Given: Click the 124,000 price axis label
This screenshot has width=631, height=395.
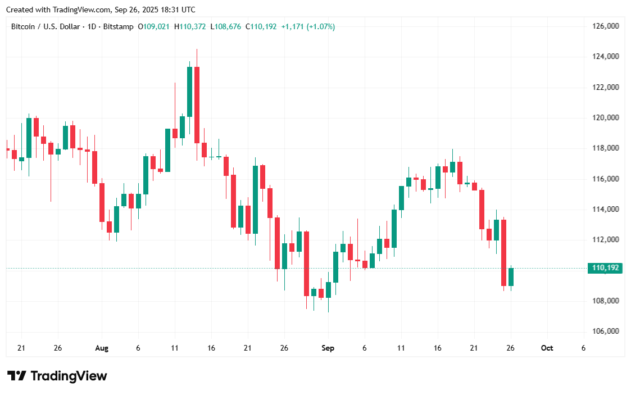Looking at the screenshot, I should tap(606, 57).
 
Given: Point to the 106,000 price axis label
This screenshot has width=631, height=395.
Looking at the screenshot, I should tap(606, 332).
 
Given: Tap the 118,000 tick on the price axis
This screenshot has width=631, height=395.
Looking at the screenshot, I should tap(606, 148).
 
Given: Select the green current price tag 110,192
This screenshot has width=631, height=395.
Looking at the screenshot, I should tap(605, 268).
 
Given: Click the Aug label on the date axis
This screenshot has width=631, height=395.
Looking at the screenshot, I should tap(102, 348).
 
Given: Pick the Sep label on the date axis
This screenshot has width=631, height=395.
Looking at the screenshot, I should tap(328, 348).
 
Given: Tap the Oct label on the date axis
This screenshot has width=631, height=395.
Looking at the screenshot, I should tap(547, 348).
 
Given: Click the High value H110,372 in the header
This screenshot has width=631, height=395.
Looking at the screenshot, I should tap(190, 26).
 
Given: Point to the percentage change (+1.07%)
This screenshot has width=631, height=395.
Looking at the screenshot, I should tap(320, 26).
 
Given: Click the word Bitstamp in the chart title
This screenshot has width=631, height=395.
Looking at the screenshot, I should tap(119, 26).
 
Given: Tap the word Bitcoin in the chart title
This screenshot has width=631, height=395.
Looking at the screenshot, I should tap(23, 26).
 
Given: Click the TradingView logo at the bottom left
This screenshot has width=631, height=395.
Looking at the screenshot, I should tap(57, 376).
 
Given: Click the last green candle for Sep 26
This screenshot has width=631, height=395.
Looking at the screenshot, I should tap(511, 277).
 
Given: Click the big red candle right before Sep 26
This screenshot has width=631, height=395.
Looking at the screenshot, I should tap(504, 253).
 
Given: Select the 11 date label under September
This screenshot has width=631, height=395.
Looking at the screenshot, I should tap(401, 348).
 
